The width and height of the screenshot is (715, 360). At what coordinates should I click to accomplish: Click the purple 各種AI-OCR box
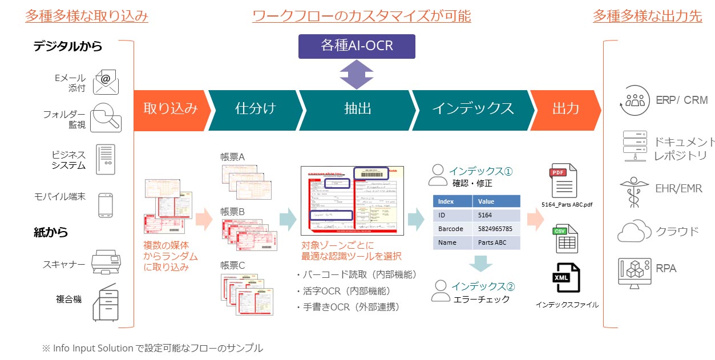357,45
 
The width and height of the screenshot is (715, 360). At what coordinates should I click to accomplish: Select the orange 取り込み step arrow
170,108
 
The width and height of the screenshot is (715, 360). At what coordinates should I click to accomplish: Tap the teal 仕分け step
255,108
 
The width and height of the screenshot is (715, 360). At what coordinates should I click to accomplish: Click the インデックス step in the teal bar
472,108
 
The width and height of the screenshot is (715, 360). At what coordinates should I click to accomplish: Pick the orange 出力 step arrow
565,108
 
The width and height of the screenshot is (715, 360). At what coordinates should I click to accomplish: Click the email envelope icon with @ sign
106,82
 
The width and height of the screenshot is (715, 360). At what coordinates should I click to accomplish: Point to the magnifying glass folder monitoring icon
106,117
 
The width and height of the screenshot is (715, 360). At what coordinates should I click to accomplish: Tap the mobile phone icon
106,205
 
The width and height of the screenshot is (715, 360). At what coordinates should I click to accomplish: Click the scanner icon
106,262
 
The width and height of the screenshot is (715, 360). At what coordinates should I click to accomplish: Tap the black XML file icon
565,278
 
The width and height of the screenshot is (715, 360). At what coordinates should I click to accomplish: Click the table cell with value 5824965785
495,229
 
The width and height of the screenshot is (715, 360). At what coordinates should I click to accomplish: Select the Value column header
496,201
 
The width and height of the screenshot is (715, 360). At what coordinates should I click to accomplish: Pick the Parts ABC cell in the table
495,242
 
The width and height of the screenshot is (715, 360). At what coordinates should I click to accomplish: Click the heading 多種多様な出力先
647,15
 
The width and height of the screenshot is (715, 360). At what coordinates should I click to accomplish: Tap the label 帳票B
232,212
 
